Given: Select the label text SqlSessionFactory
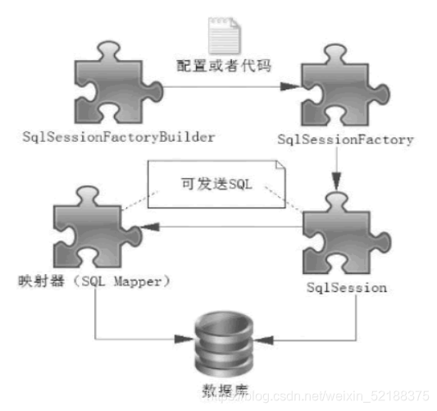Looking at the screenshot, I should [x=345, y=140].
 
